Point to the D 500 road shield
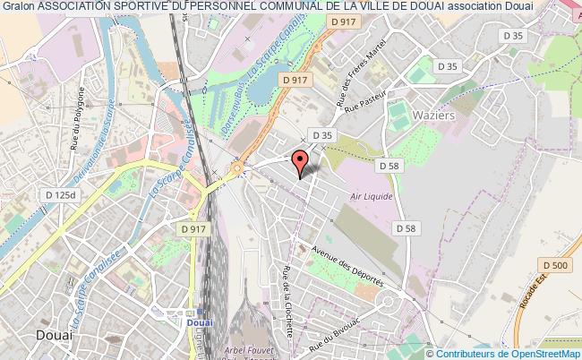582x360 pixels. click(556, 263)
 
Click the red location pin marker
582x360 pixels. click(301, 159)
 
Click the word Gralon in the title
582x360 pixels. click(18, 6)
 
